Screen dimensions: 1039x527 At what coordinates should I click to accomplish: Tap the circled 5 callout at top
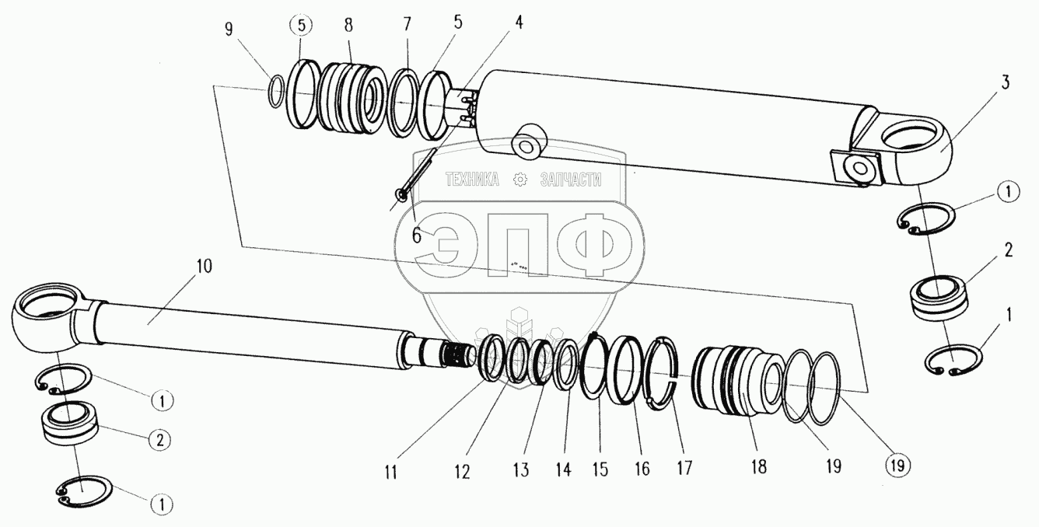[x=301, y=26]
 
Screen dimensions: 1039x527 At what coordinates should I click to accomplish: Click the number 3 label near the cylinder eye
[x=1005, y=83]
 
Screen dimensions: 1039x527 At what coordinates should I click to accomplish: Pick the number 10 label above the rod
[x=203, y=266]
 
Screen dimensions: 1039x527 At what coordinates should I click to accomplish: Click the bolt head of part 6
[x=400, y=195]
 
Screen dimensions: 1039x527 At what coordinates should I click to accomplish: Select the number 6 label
[x=417, y=233]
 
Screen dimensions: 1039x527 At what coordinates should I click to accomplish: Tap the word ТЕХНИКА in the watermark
[x=472, y=180]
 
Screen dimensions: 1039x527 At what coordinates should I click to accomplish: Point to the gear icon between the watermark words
[x=520, y=180]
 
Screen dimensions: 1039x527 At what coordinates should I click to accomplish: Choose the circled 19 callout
[x=896, y=466]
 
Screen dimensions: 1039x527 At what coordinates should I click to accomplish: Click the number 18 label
[x=758, y=466]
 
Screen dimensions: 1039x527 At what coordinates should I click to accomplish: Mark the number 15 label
[x=599, y=469]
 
